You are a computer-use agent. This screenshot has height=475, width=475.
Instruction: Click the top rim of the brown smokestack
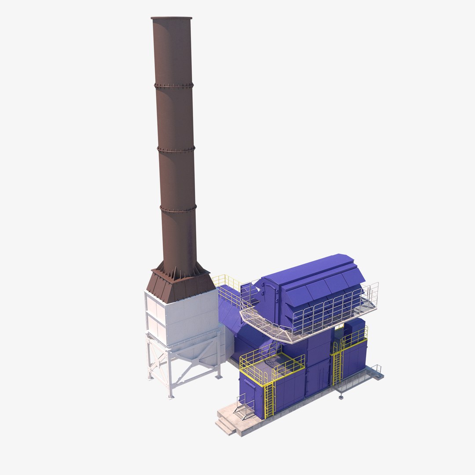[172, 18]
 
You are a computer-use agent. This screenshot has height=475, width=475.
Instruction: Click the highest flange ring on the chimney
[174, 85]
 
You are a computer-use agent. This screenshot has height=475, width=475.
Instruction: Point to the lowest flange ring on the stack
[178, 208]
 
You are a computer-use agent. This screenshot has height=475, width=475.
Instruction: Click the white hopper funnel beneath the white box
[200, 352]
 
